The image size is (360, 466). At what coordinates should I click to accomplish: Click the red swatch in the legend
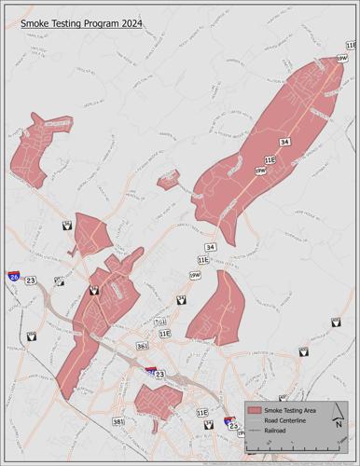click(254, 410)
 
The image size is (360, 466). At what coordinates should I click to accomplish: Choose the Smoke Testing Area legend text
click(291, 410)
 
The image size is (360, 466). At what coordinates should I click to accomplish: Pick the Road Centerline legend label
click(287, 421)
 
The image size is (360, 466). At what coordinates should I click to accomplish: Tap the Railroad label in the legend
click(277, 432)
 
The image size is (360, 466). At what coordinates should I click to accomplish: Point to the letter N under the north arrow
click(339, 426)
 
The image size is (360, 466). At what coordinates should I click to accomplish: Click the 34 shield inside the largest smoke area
click(284, 142)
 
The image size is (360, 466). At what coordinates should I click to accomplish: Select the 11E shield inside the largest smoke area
click(270, 160)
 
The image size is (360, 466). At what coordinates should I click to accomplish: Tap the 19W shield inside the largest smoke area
click(260, 171)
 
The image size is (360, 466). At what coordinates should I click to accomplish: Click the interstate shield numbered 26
click(14, 277)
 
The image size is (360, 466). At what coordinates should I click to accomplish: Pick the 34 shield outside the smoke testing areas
click(211, 246)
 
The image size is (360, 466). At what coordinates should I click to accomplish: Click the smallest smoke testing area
click(168, 179)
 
